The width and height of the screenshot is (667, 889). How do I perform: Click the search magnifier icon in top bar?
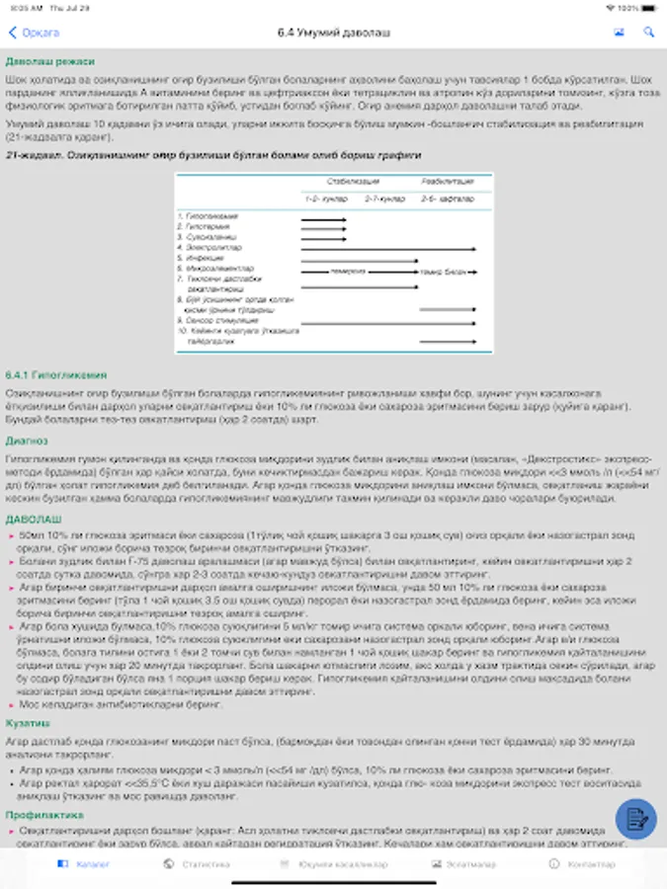648,33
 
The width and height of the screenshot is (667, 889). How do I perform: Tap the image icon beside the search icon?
619,33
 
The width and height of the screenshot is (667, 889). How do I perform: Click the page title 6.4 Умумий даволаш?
333,33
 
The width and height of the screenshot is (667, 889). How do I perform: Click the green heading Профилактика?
40,815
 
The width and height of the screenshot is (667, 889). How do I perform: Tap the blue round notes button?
635,818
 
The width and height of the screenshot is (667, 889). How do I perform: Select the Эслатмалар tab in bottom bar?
456,864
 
